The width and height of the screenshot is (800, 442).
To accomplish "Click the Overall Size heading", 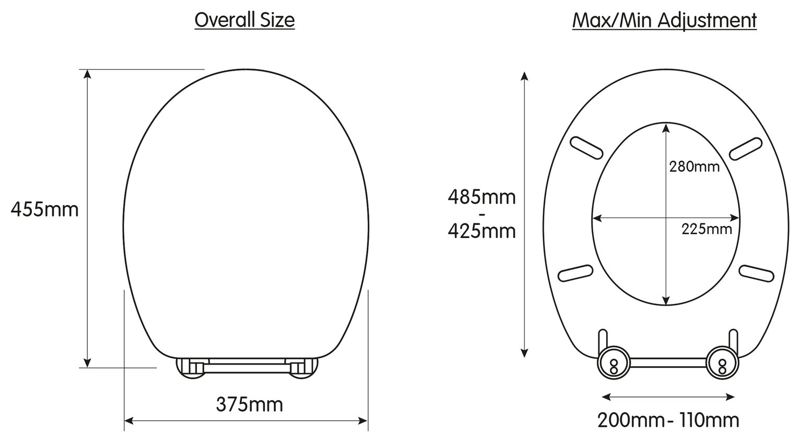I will pyautogui.click(x=245, y=20).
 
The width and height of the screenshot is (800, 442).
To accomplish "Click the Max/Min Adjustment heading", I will pyautogui.click(x=664, y=20).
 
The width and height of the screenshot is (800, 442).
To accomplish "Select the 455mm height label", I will pyautogui.click(x=45, y=210).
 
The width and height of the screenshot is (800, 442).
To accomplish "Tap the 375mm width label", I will pyautogui.click(x=249, y=404).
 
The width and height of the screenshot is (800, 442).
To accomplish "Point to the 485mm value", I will pyautogui.click(x=481, y=197).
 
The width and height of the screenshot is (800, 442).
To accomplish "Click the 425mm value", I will pyautogui.click(x=481, y=230).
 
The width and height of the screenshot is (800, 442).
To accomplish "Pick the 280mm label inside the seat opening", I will pyautogui.click(x=694, y=167).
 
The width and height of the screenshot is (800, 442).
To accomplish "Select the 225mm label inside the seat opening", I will pyautogui.click(x=706, y=229).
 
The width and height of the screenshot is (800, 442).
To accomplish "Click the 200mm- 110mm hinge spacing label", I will pyautogui.click(x=668, y=420).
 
